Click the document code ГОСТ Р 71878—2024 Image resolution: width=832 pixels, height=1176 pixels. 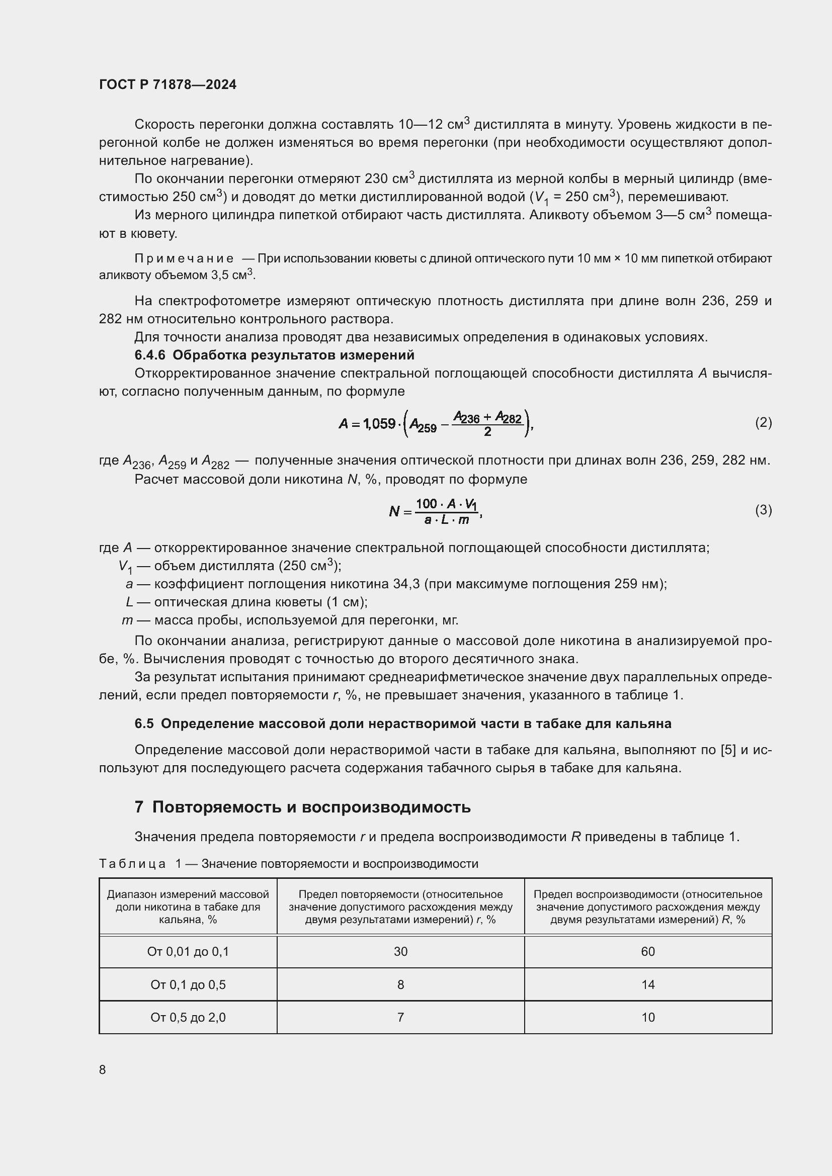click(x=168, y=84)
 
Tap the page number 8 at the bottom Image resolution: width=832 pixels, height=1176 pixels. click(x=103, y=1069)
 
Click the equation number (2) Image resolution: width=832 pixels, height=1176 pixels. click(x=763, y=422)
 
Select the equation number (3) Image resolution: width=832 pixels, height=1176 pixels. click(x=763, y=510)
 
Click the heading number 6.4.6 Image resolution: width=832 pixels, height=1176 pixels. click(x=149, y=355)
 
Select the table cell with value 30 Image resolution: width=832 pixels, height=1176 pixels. click(x=400, y=952)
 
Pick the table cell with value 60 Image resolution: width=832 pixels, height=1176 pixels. click(x=647, y=952)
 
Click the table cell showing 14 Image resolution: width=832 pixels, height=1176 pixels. click(x=647, y=984)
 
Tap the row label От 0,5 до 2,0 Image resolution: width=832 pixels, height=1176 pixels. click(x=188, y=1017)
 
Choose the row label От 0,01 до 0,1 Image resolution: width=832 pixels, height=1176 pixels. click(x=188, y=952)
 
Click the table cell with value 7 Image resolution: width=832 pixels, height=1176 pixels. click(x=400, y=1017)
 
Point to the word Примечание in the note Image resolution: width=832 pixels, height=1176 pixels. click(x=184, y=258)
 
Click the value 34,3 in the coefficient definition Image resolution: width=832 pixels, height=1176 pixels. click(x=407, y=584)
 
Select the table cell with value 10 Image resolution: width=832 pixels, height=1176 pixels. click(x=647, y=1017)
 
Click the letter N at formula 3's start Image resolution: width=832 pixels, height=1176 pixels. click(x=394, y=511)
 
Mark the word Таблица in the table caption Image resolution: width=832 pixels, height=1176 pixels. click(x=132, y=864)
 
